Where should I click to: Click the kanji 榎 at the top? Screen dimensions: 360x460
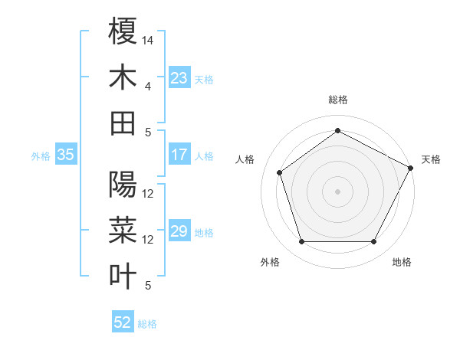click(123, 31)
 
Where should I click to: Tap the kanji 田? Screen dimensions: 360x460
click(123, 123)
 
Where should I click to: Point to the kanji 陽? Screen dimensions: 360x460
click(123, 185)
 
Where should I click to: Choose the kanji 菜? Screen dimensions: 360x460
click(123, 231)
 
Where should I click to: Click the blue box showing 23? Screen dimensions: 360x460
click(179, 78)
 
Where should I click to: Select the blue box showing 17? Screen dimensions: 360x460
click(179, 155)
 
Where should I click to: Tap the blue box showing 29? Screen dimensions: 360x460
click(179, 231)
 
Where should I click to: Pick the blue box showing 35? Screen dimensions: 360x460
click(66, 155)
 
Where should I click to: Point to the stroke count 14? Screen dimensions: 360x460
click(148, 40)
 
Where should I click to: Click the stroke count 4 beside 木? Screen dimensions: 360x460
click(148, 86)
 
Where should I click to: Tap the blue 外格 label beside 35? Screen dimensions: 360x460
click(41, 155)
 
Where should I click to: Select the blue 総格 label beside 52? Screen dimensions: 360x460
click(147, 324)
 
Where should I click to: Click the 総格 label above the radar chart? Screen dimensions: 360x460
click(337, 100)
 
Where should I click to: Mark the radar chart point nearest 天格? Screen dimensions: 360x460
click(411, 168)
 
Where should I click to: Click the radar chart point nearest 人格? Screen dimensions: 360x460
click(280, 172)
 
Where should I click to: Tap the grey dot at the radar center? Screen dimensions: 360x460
click(337, 191)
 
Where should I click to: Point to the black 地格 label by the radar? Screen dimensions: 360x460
click(402, 262)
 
